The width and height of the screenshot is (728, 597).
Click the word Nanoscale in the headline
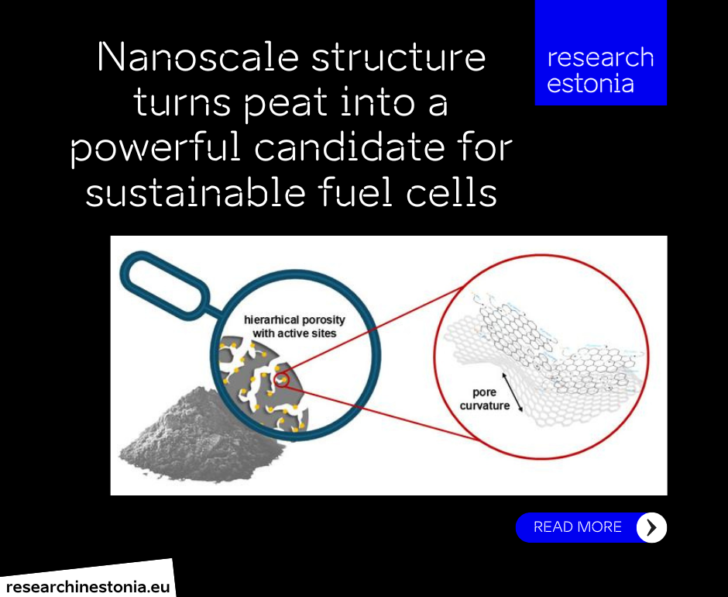click(x=198, y=57)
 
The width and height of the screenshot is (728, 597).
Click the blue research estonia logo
click(x=600, y=53)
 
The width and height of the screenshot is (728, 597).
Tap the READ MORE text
click(x=577, y=526)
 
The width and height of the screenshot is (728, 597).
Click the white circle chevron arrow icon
click(x=651, y=527)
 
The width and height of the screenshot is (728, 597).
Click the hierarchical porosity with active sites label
click(x=294, y=326)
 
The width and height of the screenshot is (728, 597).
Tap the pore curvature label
click(x=484, y=399)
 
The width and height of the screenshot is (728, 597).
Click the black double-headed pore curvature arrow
click(x=512, y=392)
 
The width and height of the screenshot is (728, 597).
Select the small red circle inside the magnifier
click(x=281, y=380)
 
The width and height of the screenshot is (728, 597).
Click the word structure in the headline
click(x=398, y=57)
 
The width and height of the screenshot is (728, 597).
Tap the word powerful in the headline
click(x=155, y=148)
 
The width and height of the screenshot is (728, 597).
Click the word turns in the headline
click(x=181, y=103)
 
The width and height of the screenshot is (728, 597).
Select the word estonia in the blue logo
click(x=590, y=84)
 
